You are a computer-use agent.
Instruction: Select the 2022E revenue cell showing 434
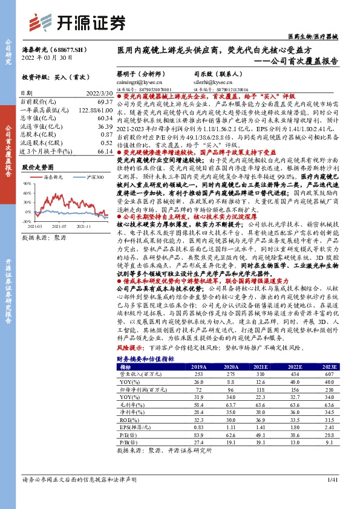pyautogui.click(x=294, y=375)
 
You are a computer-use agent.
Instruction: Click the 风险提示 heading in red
pyautogui.click(x=128, y=348)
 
